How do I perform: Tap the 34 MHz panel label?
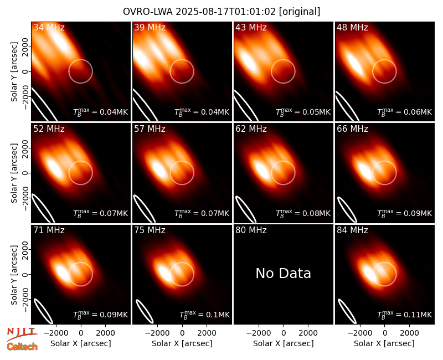(49, 27)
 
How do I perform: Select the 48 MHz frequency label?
(352, 27)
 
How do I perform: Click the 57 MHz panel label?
(150, 129)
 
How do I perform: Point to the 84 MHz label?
(352, 230)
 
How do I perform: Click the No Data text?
(284, 274)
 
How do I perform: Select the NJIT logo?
(22, 333)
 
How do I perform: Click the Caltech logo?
(22, 347)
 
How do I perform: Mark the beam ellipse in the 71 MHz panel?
(43, 311)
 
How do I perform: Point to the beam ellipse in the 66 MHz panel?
(347, 210)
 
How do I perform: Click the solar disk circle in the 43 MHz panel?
(284, 60)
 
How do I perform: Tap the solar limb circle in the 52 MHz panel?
(81, 161)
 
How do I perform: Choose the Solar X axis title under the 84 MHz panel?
(384, 343)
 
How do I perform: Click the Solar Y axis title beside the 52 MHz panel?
(14, 173)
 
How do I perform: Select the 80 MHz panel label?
(251, 230)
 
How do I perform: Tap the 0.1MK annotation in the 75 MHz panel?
(204, 315)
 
